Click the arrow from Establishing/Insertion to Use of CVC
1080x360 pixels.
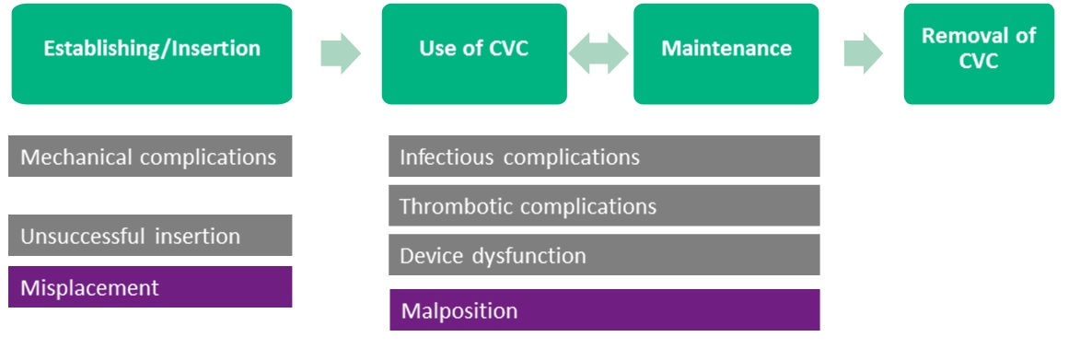coord(340,54)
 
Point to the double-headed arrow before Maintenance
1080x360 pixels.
coord(598,54)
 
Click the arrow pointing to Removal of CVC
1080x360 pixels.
coord(863,54)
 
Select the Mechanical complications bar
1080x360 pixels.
coord(150,157)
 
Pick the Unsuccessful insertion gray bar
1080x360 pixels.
coord(150,236)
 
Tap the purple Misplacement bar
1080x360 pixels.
coord(150,287)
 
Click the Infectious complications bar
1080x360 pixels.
coord(604,157)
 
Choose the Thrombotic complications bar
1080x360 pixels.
coord(604,205)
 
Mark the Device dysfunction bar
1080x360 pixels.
coord(604,255)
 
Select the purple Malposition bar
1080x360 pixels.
coord(604,310)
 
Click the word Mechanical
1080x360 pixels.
coord(76,157)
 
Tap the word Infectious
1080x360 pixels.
coord(447,157)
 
